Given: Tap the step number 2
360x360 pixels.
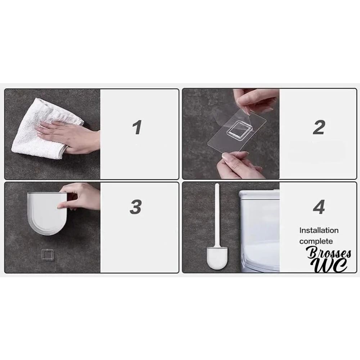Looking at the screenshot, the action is coord(319,127).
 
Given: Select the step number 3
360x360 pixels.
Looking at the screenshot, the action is coord(136,207).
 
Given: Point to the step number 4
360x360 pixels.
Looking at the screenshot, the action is coord(319,207).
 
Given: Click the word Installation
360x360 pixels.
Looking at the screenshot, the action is coord(319,230).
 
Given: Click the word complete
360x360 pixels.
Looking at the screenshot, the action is coord(316,241).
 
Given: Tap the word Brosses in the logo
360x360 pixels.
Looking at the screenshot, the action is coord(329,253).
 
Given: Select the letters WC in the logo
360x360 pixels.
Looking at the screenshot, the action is coord(330,265).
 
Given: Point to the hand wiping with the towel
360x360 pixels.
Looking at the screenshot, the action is coord(69,135).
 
